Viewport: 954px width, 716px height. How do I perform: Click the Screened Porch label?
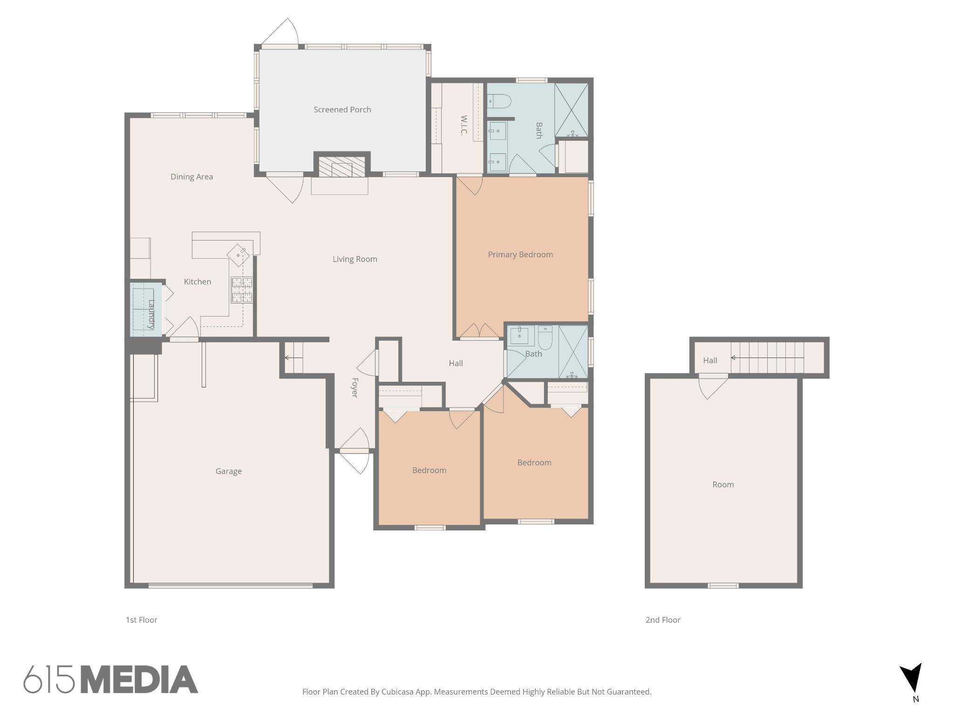point(342,110)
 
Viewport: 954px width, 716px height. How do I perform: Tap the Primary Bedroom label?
point(520,255)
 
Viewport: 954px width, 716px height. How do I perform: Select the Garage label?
point(229,471)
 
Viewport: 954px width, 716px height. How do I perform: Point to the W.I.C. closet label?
point(463,125)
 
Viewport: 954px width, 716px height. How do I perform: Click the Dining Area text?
point(191,177)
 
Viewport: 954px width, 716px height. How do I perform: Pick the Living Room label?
point(355,259)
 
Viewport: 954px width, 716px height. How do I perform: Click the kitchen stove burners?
point(242,290)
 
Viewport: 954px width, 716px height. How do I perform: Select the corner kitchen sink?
point(238,255)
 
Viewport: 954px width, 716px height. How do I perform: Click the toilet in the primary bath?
point(499,101)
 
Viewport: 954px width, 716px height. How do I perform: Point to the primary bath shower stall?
point(571,110)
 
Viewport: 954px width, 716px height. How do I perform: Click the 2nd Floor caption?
point(663,620)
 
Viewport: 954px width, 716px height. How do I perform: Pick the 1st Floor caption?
point(142,620)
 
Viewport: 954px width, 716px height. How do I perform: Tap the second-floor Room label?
point(723,485)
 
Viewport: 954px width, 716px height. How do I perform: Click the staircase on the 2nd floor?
point(767,358)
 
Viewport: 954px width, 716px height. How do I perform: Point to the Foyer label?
point(354,388)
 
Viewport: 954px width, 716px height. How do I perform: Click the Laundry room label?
point(151,314)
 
